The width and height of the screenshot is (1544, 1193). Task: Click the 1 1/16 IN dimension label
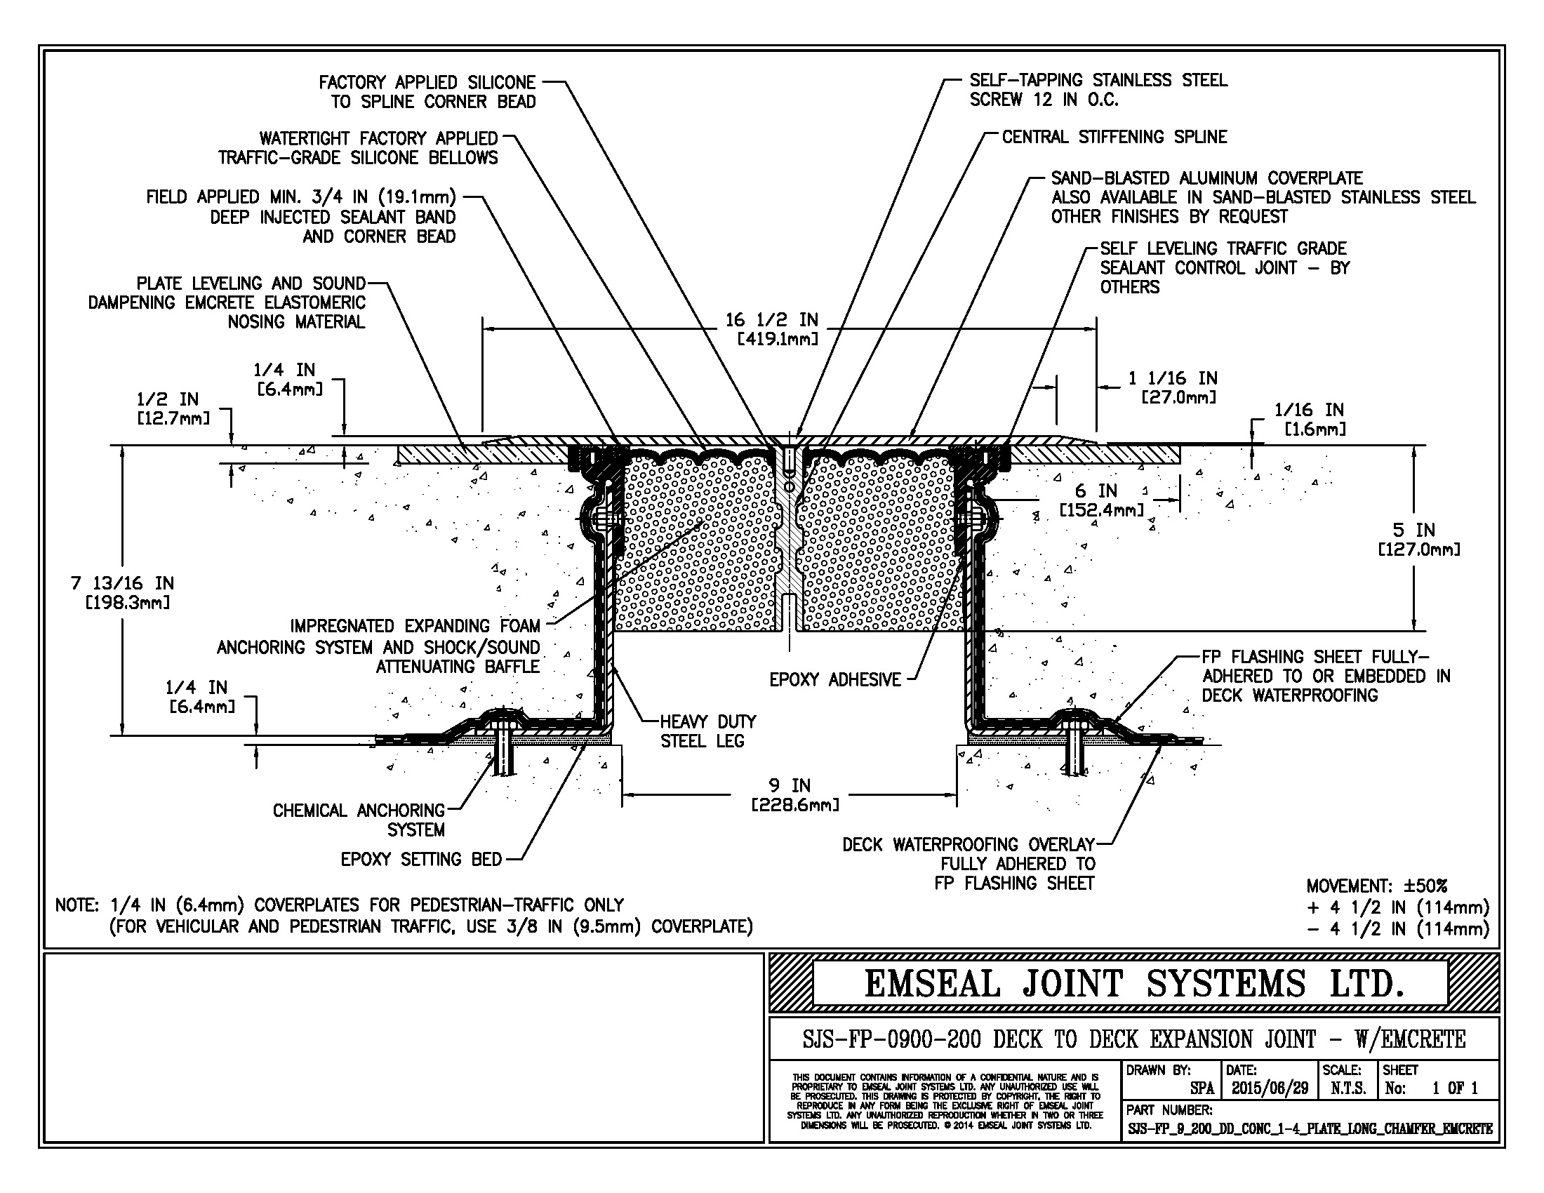(x=1172, y=379)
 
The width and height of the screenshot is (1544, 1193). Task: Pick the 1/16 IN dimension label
(x=1309, y=410)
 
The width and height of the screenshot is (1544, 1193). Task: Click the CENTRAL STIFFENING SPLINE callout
(x=1114, y=137)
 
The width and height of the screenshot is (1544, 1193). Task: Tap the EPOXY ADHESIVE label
(x=835, y=680)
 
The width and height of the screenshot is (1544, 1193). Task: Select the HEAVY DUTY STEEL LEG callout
(x=707, y=731)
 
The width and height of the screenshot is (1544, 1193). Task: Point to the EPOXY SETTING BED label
(x=420, y=860)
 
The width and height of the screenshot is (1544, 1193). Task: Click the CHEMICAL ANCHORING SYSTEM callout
(x=359, y=820)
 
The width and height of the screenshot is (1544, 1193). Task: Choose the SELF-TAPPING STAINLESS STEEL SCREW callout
(x=1098, y=91)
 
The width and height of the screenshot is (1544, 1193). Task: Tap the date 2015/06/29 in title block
(x=1270, y=1088)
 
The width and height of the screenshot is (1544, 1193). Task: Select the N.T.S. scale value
(x=1348, y=1088)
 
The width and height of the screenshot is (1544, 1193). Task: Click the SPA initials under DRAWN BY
(x=1202, y=1088)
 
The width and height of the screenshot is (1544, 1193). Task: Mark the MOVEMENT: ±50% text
(x=1376, y=886)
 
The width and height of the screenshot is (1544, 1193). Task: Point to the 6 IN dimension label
(x=1096, y=491)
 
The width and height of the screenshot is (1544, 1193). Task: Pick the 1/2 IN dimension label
(x=168, y=399)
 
